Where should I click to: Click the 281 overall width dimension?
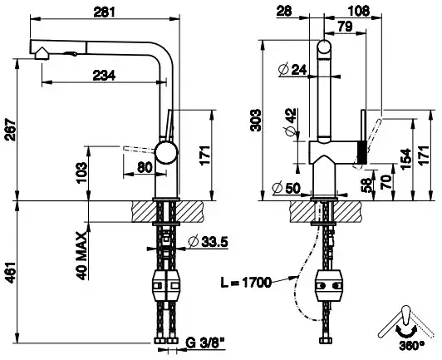tap(105, 12)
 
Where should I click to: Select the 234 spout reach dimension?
tap(104, 76)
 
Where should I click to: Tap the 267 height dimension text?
tap(12, 130)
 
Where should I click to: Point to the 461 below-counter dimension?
tap(12, 273)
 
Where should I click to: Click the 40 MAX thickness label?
tap(82, 256)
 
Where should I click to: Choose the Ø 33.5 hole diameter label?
tap(209, 242)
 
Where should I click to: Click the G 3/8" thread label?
tap(205, 343)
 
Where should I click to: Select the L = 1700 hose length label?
tap(246, 283)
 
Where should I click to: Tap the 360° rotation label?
tap(411, 345)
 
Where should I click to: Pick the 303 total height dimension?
tap(256, 121)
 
